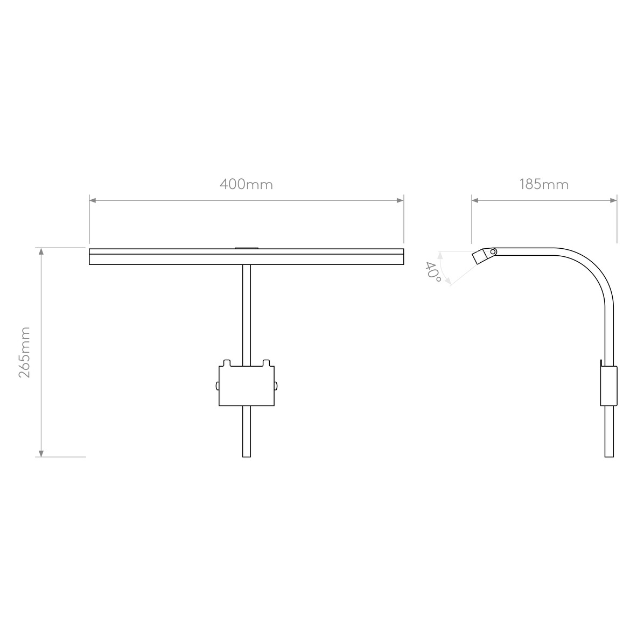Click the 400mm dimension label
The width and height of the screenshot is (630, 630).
[x=246, y=184]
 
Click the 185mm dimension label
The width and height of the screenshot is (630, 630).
[x=544, y=184]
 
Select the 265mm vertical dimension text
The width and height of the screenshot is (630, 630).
[x=25, y=352]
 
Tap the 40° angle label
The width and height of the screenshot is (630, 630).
[x=433, y=273]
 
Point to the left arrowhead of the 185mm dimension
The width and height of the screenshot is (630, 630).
[x=475, y=200]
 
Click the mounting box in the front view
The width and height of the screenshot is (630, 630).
[x=246, y=386]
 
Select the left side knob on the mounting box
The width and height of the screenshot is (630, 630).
[x=217, y=386]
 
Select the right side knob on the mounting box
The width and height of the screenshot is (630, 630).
[x=276, y=386]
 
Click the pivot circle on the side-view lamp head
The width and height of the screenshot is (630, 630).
[x=493, y=251]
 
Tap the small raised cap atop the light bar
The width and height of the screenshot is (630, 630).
[x=246, y=248]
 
